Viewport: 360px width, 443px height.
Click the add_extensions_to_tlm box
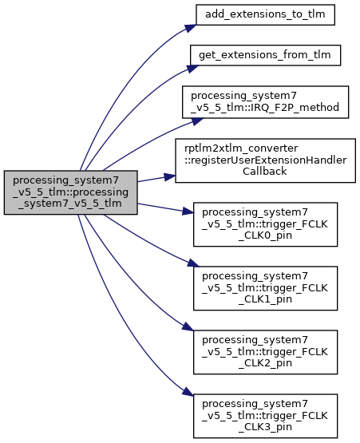pos(265,14)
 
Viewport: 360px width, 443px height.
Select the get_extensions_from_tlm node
pos(265,55)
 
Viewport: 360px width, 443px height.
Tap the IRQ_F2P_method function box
pos(265,102)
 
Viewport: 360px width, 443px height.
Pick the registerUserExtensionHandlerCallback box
pos(265,160)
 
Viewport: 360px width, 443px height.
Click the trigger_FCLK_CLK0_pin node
pos(265,224)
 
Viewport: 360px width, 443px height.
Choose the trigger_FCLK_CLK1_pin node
pos(265,288)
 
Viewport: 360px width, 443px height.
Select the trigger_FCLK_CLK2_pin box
pos(265,352)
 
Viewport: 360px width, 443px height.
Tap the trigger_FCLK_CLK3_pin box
pos(265,416)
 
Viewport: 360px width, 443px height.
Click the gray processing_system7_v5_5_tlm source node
pos(71,192)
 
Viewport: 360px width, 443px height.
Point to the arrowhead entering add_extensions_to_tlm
pos(191,28)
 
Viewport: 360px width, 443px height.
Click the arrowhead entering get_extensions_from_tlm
pos(192,69)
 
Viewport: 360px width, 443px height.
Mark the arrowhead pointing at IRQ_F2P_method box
pos(197,121)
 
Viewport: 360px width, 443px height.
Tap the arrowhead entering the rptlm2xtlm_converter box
pos(169,177)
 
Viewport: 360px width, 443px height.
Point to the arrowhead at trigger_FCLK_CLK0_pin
pos(188,211)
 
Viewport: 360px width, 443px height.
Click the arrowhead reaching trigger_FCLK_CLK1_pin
pos(193,263)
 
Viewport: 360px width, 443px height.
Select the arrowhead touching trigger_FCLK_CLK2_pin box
pos(188,326)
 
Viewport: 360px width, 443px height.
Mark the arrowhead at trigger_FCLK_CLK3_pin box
pos(188,391)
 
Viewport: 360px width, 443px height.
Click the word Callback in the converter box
pos(265,171)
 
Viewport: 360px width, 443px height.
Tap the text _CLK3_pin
pos(265,426)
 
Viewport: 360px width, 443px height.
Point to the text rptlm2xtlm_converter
pos(241,148)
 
